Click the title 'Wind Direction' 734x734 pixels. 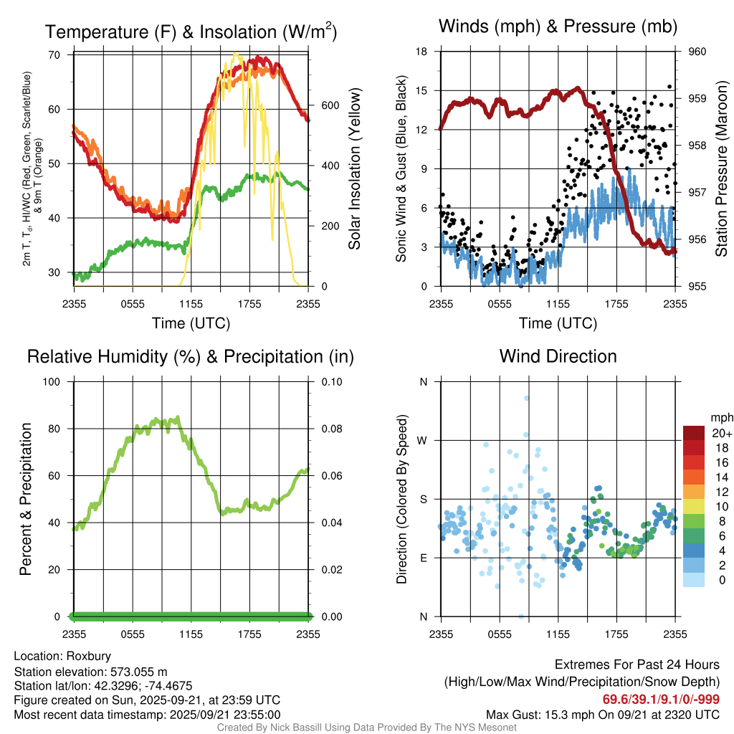tap(558, 356)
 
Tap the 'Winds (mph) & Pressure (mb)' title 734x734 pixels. tap(558, 27)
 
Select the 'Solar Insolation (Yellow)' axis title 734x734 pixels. tap(354, 169)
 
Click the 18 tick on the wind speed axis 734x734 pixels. tap(422, 52)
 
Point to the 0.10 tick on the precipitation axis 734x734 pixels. tap(332, 381)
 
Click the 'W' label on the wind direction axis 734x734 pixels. tap(423, 440)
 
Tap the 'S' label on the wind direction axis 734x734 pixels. tap(424, 499)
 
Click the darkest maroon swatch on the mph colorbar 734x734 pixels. tap(693, 432)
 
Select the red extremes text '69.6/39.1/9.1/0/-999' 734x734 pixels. tap(661, 699)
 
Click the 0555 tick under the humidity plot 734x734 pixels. tap(133, 634)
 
